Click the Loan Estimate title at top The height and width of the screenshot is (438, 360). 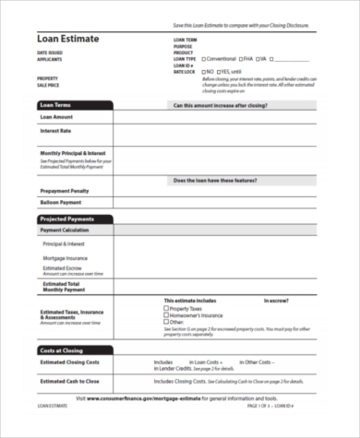pos(67,39)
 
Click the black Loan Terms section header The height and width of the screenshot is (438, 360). pos(74,105)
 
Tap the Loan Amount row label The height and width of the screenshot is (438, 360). pos(56,117)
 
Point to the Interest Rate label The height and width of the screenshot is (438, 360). pos(56,131)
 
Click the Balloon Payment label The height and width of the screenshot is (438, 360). pos(60,202)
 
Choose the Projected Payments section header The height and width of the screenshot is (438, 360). pos(74,219)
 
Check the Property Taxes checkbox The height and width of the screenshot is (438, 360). pos(166,308)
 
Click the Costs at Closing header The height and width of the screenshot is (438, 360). pos(74,351)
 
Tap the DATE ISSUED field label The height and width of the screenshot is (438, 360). pos(50,52)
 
